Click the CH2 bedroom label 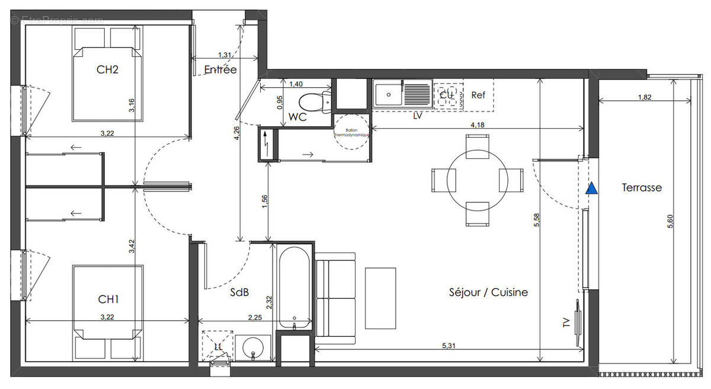pos(108,69)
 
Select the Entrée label pos(220,70)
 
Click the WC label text pos(297,117)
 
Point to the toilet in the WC pos(315,101)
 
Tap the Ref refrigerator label pos(478,94)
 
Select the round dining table pos(477,180)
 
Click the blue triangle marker pos(591,189)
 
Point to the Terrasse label pos(642,188)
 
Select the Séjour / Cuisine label pos(488,292)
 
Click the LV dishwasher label pos(418,116)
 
